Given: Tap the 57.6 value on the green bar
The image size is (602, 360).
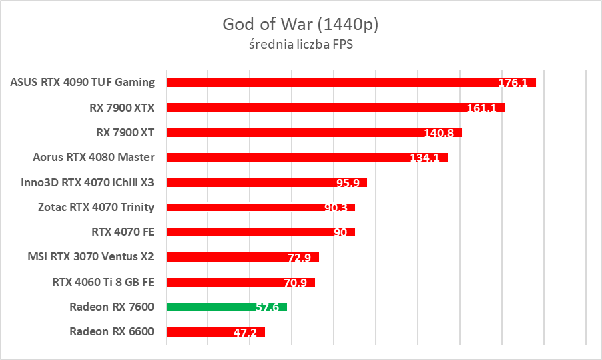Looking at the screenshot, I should (267, 308).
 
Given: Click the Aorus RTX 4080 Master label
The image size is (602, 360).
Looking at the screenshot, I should (93, 157).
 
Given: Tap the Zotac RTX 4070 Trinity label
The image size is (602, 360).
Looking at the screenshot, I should (96, 207).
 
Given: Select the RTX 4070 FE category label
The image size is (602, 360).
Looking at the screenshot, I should (123, 232).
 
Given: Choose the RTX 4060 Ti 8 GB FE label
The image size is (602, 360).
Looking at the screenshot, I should (103, 282).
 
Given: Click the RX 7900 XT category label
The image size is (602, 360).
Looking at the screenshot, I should (125, 132).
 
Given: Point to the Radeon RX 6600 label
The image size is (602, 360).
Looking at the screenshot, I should (111, 331).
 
